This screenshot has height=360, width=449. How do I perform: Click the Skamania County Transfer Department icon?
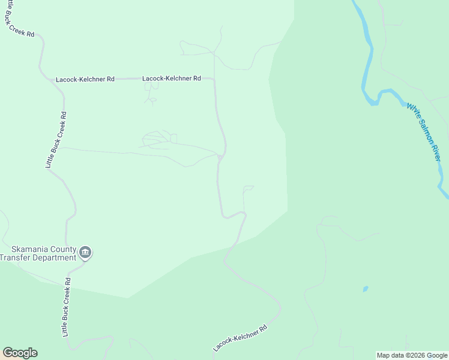85,252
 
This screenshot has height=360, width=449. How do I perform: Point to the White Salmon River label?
424,131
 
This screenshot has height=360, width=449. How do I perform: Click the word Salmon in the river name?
424,131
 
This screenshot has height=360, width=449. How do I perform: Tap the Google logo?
20,353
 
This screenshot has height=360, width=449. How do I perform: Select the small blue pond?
365,289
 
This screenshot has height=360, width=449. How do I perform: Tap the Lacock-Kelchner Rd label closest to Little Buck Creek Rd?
85,79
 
